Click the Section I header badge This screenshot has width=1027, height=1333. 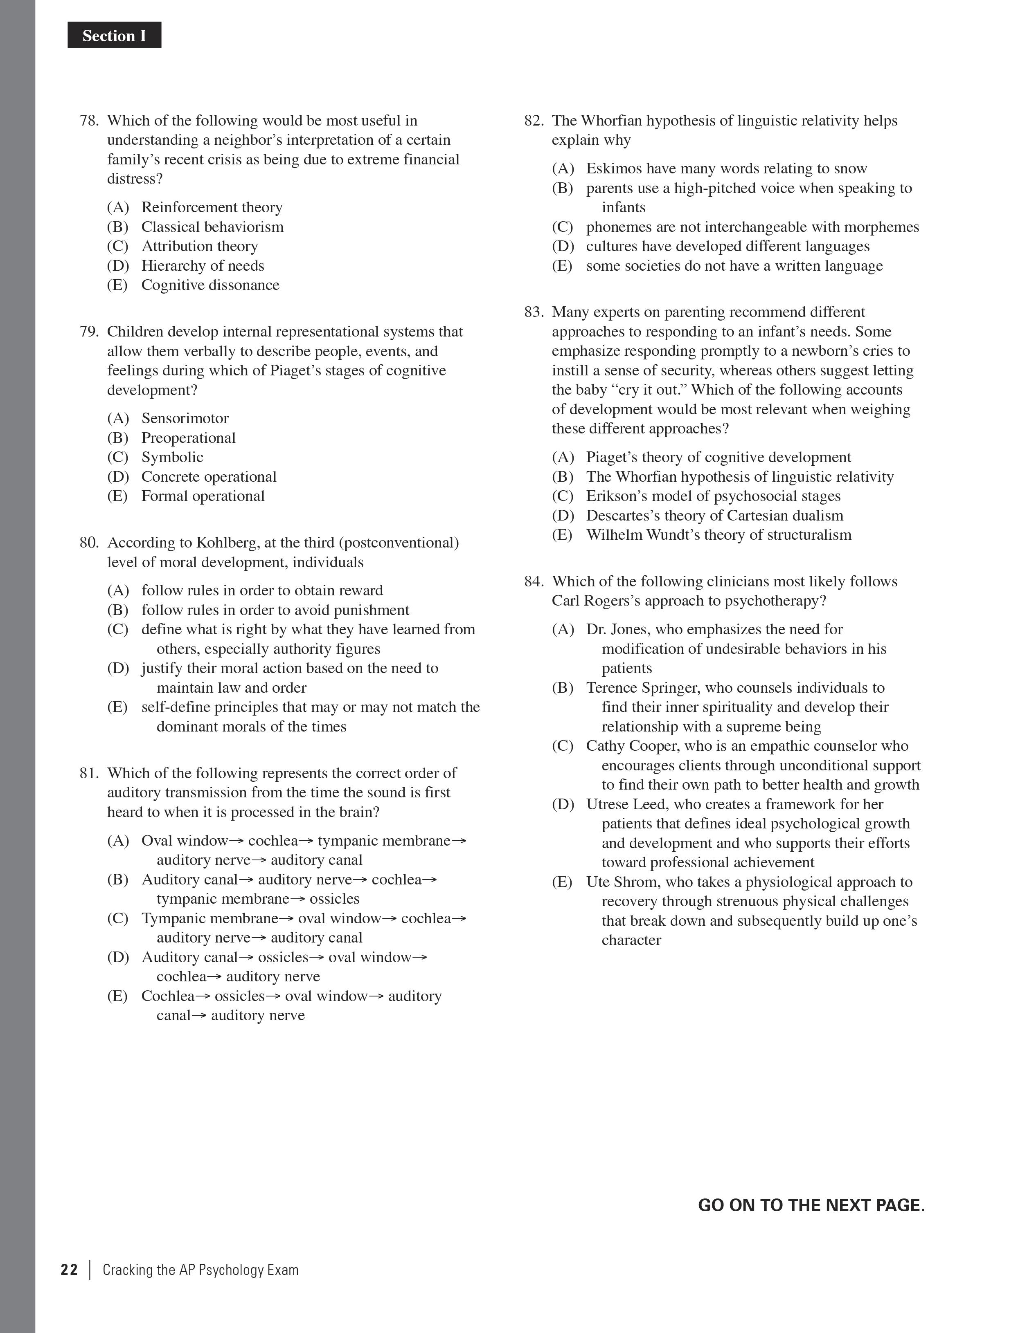(x=114, y=36)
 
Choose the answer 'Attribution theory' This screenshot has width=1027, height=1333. (x=200, y=246)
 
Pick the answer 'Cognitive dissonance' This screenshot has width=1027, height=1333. (x=210, y=285)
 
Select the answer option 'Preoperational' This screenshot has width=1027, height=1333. (x=188, y=438)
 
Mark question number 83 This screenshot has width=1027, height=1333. (x=534, y=312)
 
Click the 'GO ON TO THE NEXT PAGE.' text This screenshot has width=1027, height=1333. (x=811, y=1205)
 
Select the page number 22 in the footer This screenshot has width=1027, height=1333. (x=70, y=1270)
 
